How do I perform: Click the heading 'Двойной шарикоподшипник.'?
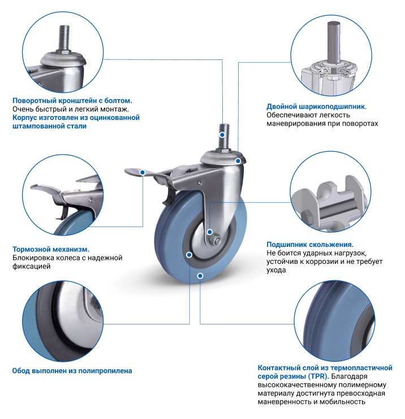316,107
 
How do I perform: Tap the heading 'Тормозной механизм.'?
51,249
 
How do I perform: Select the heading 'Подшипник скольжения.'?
310,245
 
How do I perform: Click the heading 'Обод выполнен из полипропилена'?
72,371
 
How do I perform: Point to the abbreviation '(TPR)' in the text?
318,376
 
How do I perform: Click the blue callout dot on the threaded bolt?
222,135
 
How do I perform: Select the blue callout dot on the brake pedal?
143,173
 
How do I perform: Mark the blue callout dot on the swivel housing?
238,161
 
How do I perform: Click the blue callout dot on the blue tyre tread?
200,276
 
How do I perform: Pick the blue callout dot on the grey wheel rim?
189,255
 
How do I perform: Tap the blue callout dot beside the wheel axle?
210,232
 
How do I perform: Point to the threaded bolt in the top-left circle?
63,39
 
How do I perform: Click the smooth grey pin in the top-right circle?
334,41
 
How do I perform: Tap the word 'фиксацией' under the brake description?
32,267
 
